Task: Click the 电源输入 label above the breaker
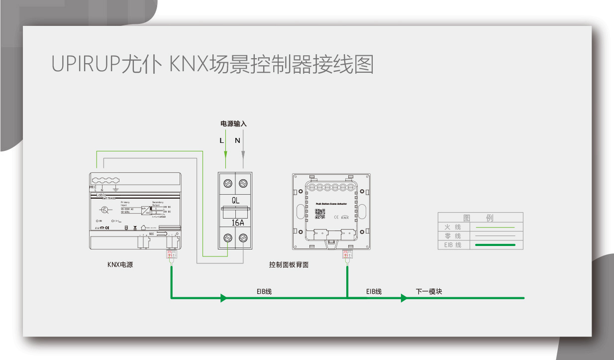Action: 233,123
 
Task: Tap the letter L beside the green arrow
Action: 222,140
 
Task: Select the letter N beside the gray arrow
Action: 237,140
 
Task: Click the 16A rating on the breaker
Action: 235,223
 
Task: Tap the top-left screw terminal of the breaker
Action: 228,183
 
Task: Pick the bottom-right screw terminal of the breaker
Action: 243,238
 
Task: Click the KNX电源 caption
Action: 120,264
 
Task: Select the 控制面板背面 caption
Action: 289,264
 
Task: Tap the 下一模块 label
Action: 428,291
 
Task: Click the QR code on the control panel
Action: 320,214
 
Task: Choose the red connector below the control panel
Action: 346,255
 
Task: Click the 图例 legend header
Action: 480,218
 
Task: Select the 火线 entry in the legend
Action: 452,227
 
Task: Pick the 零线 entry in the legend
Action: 452,236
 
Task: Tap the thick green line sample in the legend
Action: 495,245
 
